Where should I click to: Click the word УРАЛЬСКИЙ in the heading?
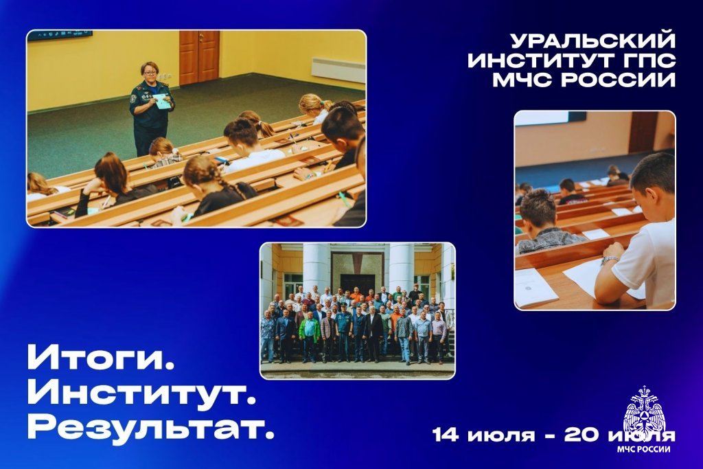pos(592,41)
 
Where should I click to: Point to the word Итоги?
pos(101,357)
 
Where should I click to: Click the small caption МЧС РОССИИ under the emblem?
pos(644,449)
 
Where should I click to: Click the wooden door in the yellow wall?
pos(199,57)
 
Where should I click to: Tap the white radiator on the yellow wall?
pos(338,69)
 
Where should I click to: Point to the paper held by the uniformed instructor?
pos(162,102)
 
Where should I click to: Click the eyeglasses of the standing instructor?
pos(150,71)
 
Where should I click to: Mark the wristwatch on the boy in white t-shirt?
pos(610,259)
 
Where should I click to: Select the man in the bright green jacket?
pos(310,335)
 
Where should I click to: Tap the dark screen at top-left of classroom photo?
pos(60,35)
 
